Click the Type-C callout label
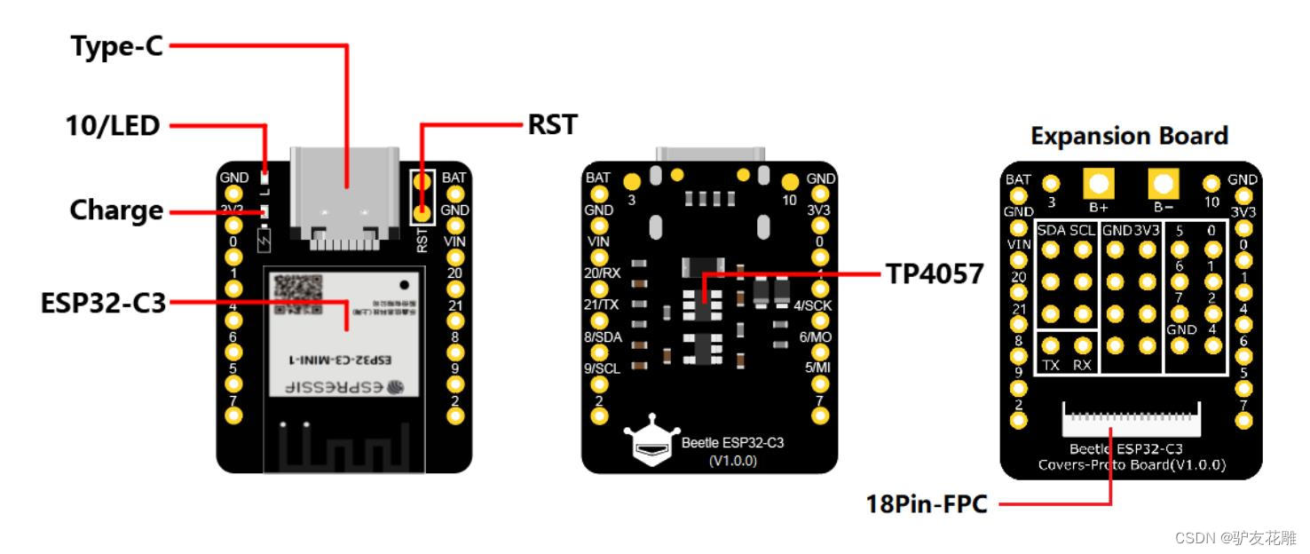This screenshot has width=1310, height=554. click(117, 46)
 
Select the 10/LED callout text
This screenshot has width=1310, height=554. click(113, 126)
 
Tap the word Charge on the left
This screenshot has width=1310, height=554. click(116, 210)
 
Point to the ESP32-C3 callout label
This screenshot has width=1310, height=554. click(103, 303)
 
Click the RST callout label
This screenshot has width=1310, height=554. click(552, 124)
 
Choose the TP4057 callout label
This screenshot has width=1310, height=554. click(935, 274)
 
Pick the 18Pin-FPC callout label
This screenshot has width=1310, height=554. click(927, 504)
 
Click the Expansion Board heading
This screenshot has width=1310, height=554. click(1129, 136)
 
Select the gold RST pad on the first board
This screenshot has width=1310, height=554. click(422, 213)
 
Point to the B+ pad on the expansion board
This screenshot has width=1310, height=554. click(1099, 185)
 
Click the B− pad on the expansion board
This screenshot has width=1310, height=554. click(1163, 185)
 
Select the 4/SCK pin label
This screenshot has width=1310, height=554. click(812, 306)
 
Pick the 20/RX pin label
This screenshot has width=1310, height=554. click(603, 273)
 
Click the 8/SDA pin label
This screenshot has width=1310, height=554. click(602, 336)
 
